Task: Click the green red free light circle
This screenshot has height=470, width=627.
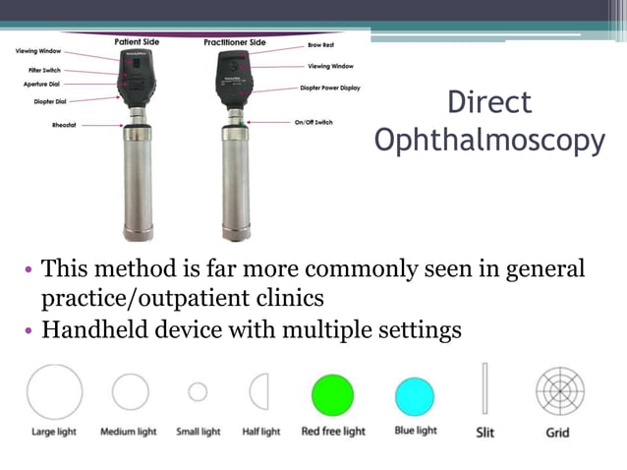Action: click(332, 395)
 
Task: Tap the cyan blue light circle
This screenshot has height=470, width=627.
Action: click(414, 396)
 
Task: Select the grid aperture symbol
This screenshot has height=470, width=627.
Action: click(560, 391)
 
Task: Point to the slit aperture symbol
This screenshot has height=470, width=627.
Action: click(484, 390)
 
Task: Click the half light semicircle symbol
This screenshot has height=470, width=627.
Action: click(260, 392)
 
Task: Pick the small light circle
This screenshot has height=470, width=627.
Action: click(198, 392)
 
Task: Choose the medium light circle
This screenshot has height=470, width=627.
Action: click(130, 392)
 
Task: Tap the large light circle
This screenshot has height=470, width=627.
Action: click(55, 391)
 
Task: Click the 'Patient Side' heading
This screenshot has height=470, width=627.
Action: click(138, 42)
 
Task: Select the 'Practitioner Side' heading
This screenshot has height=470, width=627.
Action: click(235, 43)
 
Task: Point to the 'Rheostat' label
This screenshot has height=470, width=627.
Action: click(67, 125)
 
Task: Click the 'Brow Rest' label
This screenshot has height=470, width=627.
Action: click(321, 45)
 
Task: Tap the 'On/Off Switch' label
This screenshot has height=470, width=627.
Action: click(319, 122)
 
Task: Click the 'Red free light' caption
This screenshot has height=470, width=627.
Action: click(333, 432)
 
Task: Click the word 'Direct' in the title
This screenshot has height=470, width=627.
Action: click(489, 102)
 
